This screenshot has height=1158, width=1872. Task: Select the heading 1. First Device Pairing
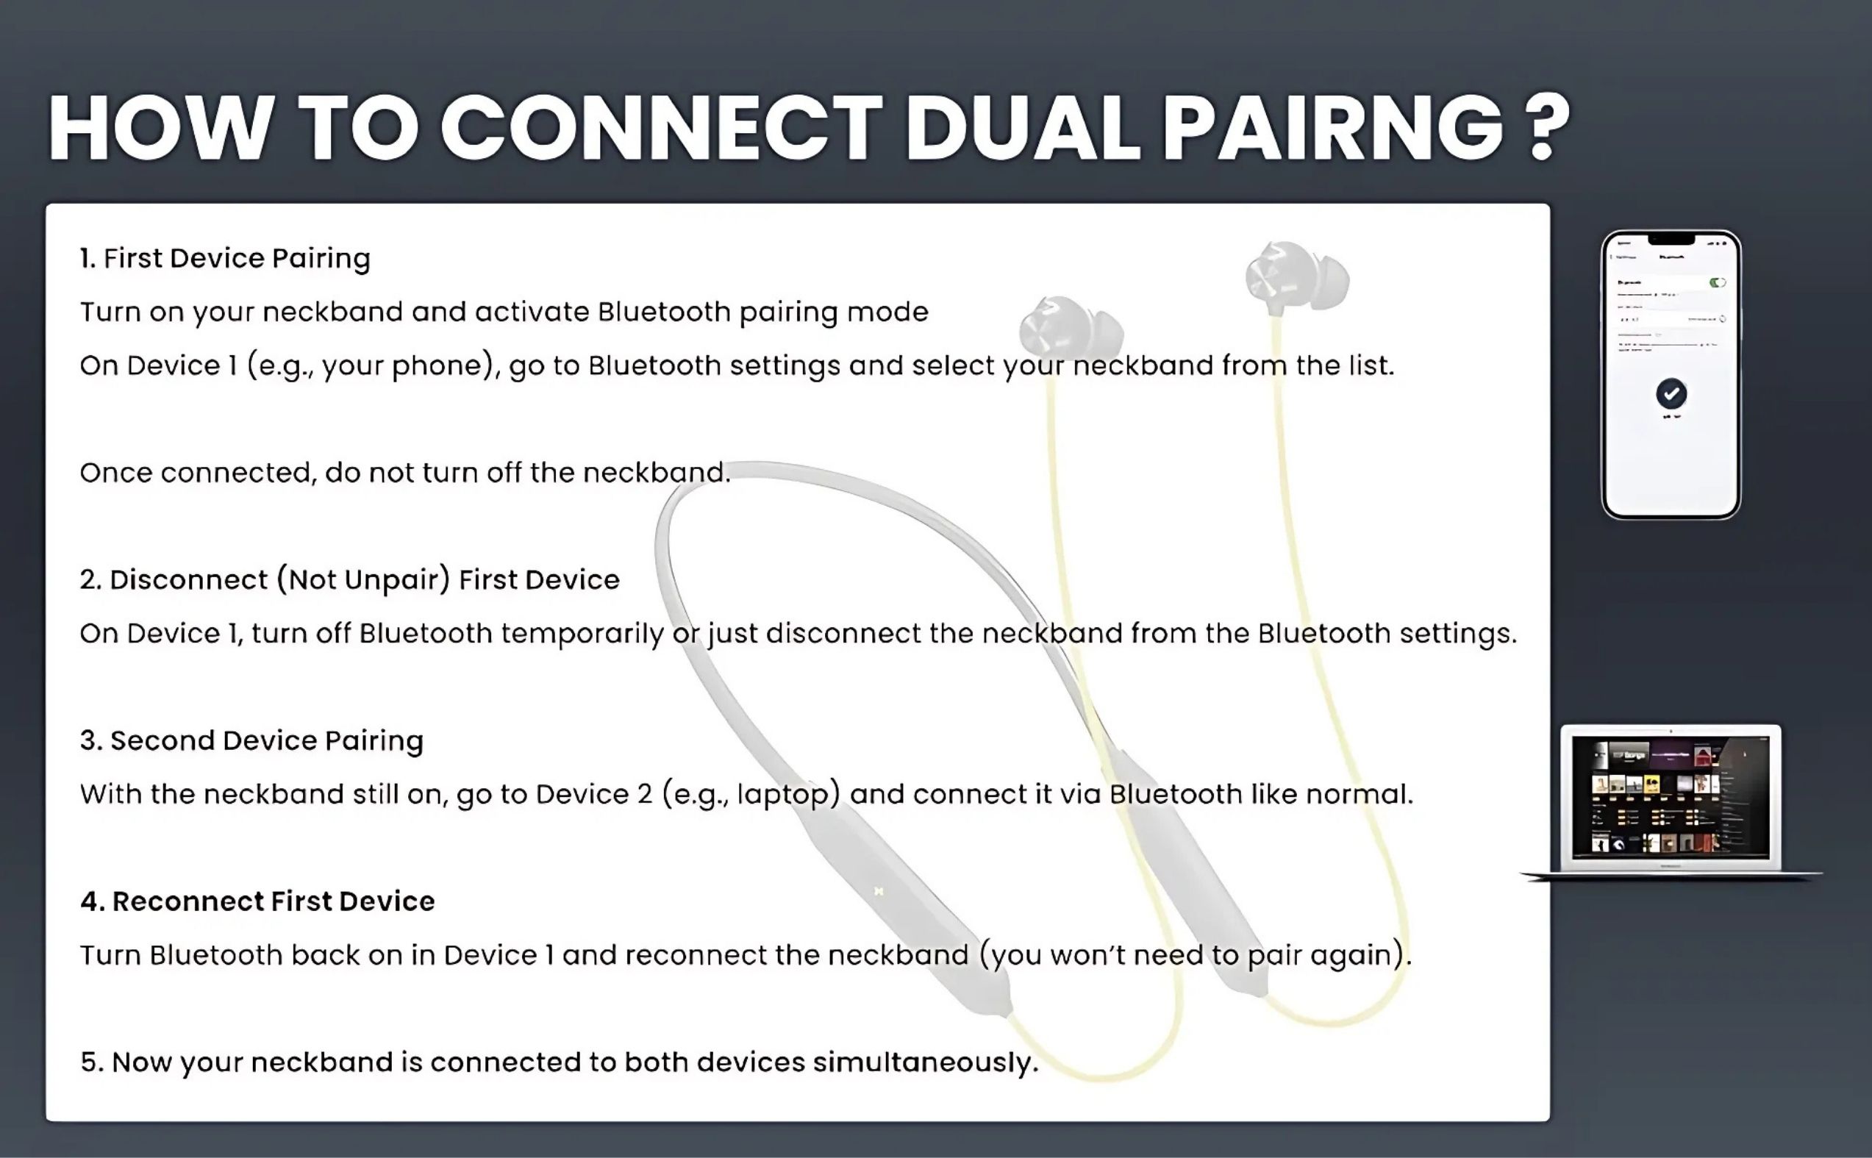click(225, 259)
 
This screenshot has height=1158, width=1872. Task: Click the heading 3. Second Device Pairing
click(252, 741)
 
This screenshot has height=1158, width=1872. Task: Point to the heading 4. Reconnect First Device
click(257, 901)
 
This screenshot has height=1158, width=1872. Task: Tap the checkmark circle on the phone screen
click(1671, 393)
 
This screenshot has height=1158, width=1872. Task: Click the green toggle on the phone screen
click(1718, 282)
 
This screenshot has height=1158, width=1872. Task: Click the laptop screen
click(1671, 796)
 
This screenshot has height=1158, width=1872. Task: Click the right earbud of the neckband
click(1297, 276)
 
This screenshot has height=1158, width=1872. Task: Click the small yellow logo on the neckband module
click(879, 891)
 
